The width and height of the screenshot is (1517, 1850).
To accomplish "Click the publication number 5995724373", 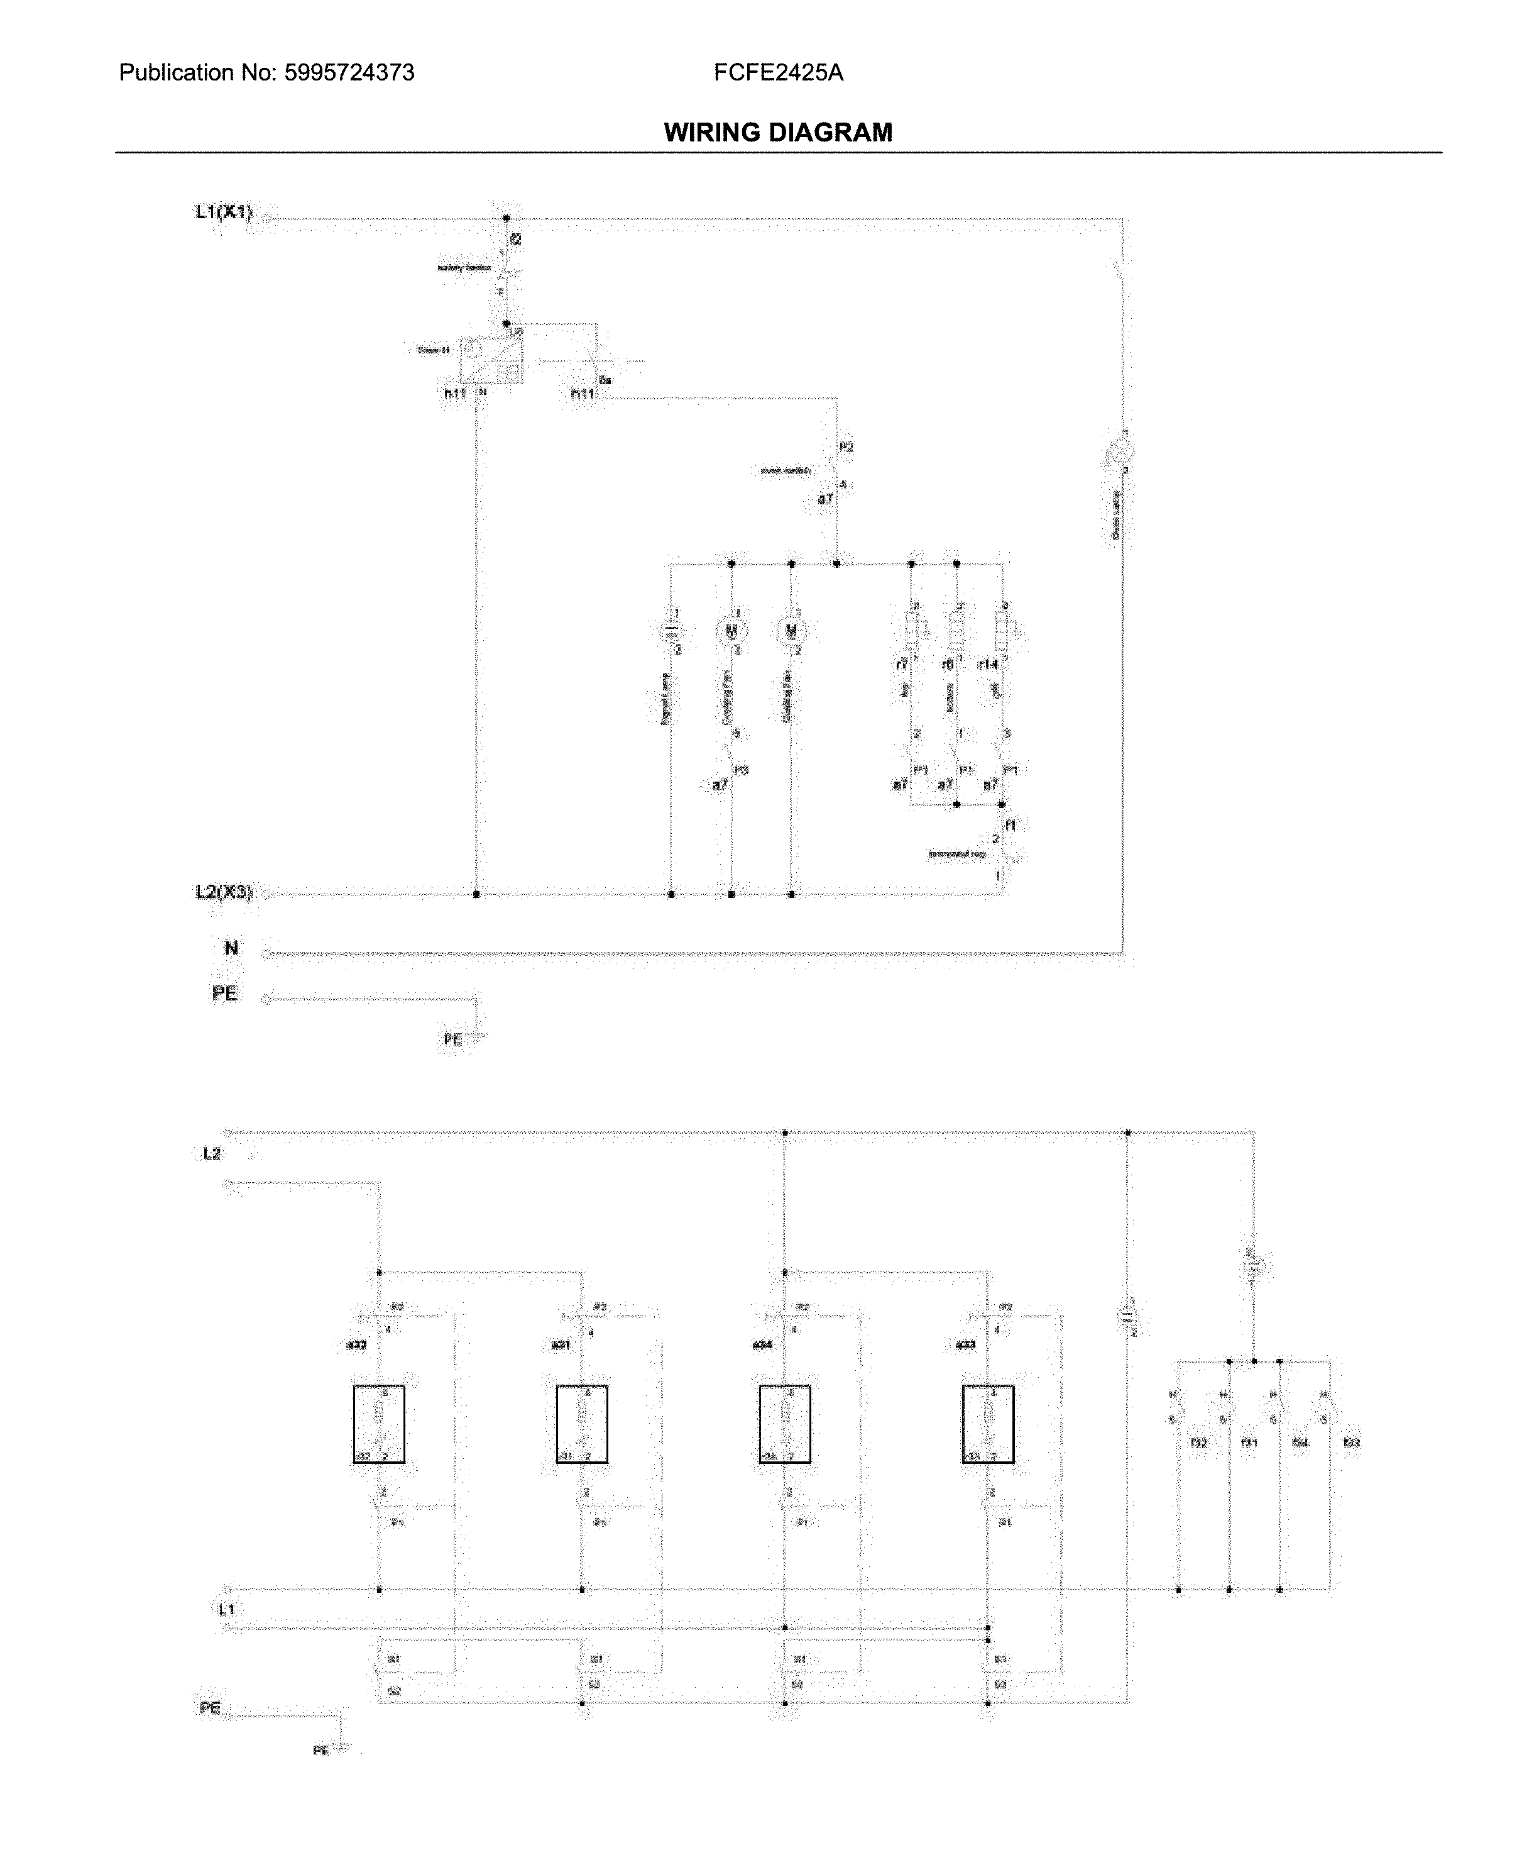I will tap(349, 72).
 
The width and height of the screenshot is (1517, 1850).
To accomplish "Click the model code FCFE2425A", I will tap(778, 72).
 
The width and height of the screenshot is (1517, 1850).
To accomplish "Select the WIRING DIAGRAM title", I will tap(778, 133).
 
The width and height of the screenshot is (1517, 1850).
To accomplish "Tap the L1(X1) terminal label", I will tap(224, 211).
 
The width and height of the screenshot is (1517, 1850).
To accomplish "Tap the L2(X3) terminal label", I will tap(224, 892).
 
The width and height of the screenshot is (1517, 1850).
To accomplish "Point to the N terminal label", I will tap(231, 948).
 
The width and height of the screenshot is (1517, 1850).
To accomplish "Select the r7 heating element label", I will tap(901, 665).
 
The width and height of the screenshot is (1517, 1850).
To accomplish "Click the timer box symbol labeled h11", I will tap(490, 360).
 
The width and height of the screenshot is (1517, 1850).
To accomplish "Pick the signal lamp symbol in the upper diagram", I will tap(671, 629).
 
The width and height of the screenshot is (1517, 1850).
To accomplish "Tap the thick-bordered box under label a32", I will tap(378, 1424).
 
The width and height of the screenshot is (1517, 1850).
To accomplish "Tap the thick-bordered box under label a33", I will tap(987, 1424).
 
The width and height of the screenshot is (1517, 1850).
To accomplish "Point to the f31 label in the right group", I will tap(1249, 1443).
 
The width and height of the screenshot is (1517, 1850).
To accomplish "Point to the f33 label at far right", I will tap(1351, 1443).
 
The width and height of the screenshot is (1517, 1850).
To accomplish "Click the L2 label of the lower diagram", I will tap(212, 1154).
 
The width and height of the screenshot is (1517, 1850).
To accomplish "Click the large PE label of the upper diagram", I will tap(224, 993).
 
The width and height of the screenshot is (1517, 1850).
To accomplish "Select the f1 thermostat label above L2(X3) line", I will tap(1011, 824).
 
